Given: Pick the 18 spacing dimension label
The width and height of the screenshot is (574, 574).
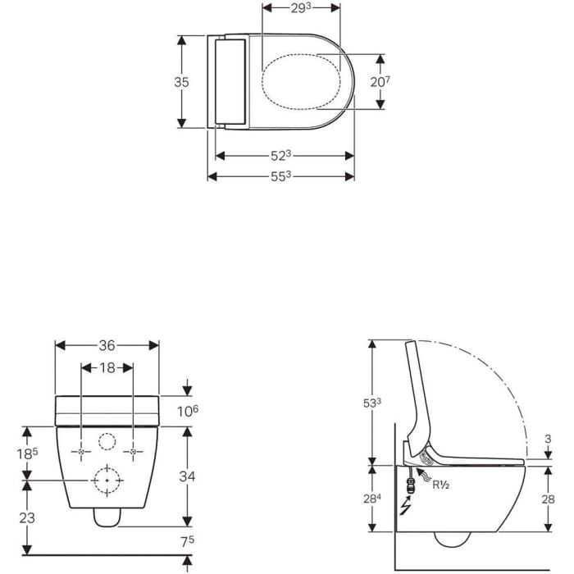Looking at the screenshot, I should tap(107, 368).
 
